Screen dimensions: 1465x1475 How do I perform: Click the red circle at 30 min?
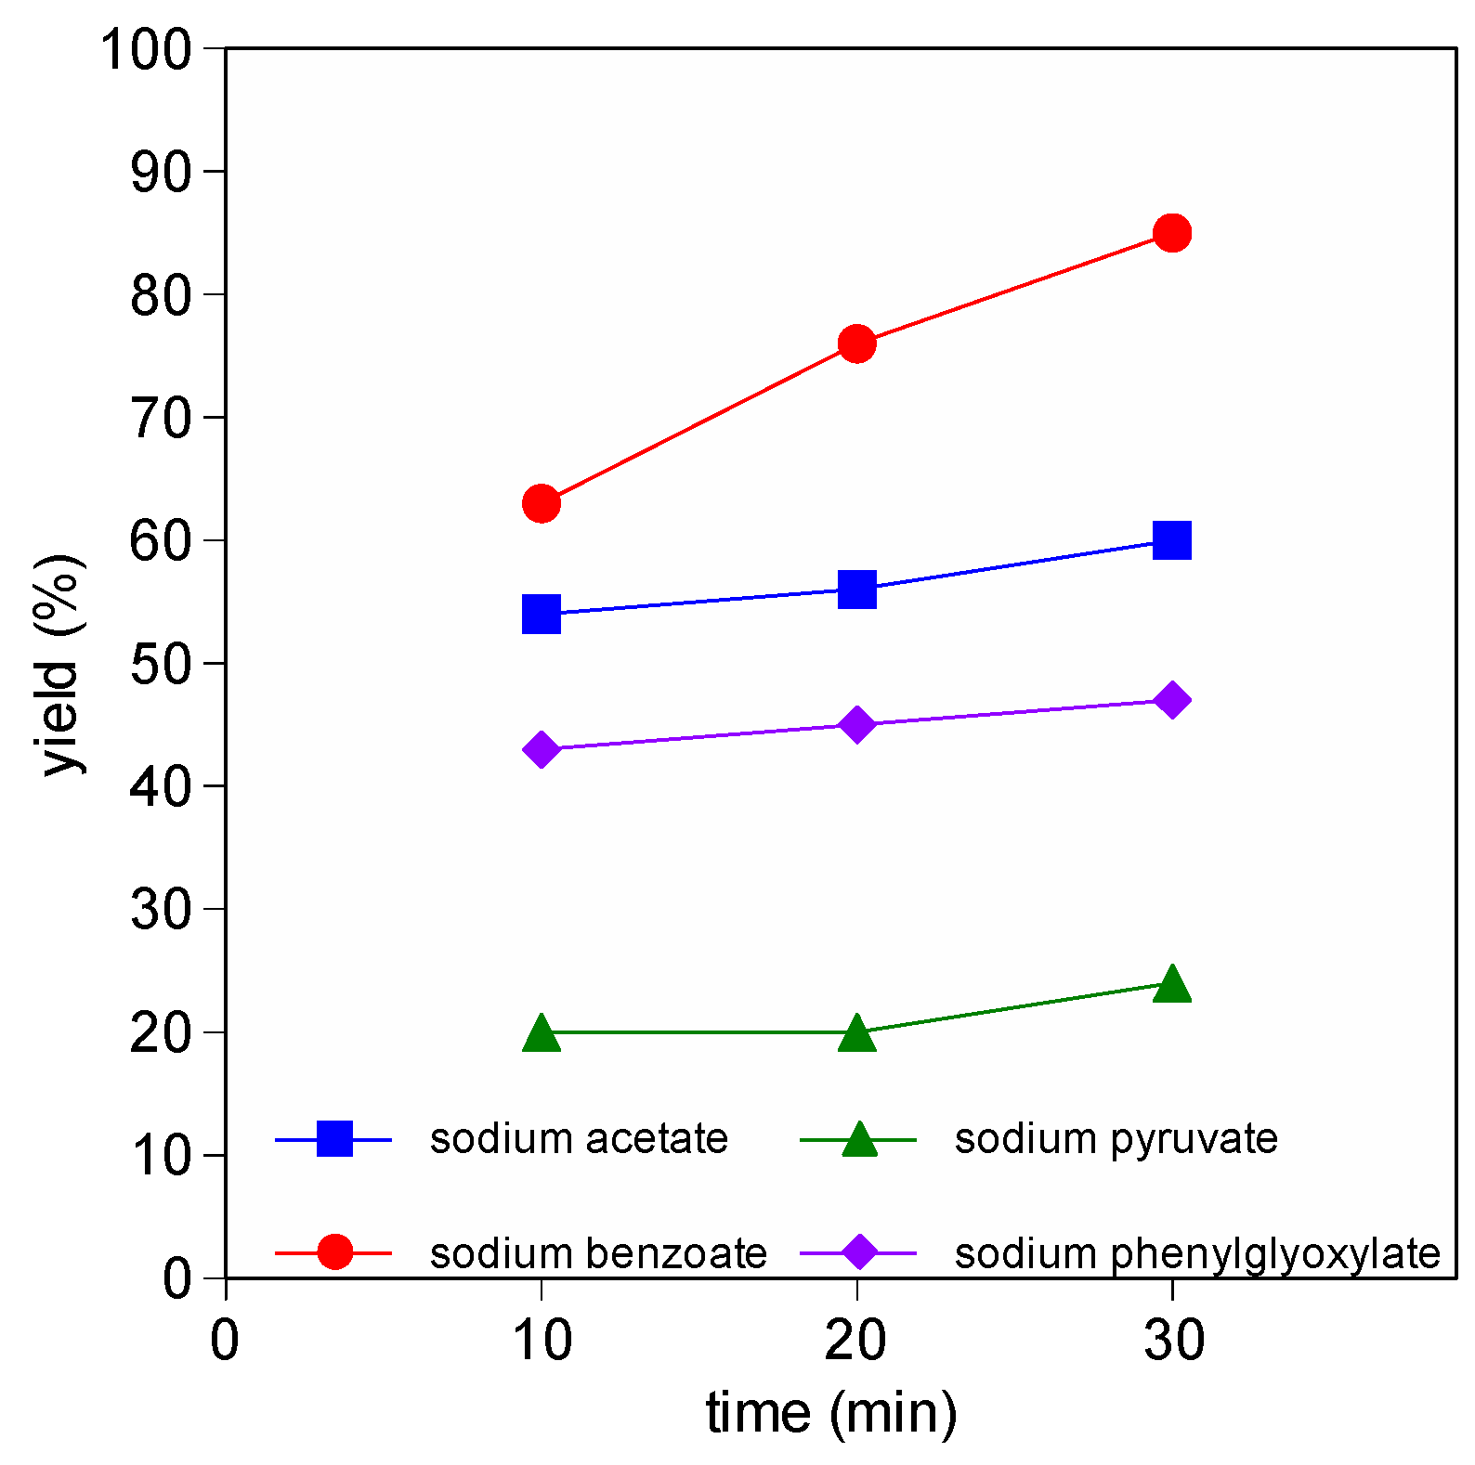1172,233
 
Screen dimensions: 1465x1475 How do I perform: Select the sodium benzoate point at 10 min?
542,503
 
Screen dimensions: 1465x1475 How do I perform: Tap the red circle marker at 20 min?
856,344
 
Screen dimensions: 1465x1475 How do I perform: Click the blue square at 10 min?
542,614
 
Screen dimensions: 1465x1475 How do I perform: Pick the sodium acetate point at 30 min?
1172,539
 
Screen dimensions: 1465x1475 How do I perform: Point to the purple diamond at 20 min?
856,724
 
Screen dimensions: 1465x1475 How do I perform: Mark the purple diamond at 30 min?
1172,700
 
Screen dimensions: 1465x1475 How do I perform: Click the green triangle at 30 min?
1172,984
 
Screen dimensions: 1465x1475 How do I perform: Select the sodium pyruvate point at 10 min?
542,1032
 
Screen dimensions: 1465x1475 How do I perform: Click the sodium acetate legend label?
579,1138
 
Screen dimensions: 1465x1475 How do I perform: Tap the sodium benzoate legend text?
598,1253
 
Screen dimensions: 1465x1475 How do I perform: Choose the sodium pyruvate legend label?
1116,1138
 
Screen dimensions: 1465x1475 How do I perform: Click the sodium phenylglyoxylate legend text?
1197,1253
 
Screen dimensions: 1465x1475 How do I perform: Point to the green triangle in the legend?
859,1139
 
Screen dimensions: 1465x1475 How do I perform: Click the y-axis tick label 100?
145,48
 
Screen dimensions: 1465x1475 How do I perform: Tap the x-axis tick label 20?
855,1340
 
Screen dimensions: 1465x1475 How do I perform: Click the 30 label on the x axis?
1173,1340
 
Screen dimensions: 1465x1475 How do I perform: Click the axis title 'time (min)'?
831,1413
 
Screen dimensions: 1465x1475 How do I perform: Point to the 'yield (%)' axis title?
61,664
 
